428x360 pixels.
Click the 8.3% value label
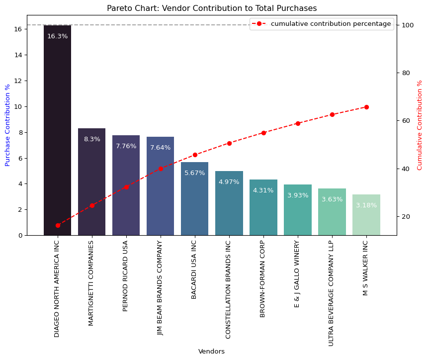click(x=92, y=140)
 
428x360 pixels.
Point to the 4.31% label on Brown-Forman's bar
click(x=263, y=190)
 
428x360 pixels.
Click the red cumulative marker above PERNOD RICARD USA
click(x=126, y=187)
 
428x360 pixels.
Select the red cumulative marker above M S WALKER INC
click(x=366, y=107)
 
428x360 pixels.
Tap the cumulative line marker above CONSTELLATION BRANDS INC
click(x=229, y=143)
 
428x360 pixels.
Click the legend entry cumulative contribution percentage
click(x=331, y=24)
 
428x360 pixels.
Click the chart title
click(x=212, y=8)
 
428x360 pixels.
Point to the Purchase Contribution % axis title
click(x=7, y=125)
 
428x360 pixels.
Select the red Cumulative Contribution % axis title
click(x=420, y=125)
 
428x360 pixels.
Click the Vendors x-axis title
click(x=212, y=352)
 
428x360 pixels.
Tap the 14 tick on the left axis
click(x=18, y=55)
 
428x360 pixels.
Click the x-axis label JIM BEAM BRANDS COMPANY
click(x=160, y=288)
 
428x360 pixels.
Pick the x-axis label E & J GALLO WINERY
click(x=297, y=273)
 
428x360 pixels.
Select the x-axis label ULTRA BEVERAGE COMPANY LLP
click(x=332, y=293)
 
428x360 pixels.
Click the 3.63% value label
click(x=332, y=199)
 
